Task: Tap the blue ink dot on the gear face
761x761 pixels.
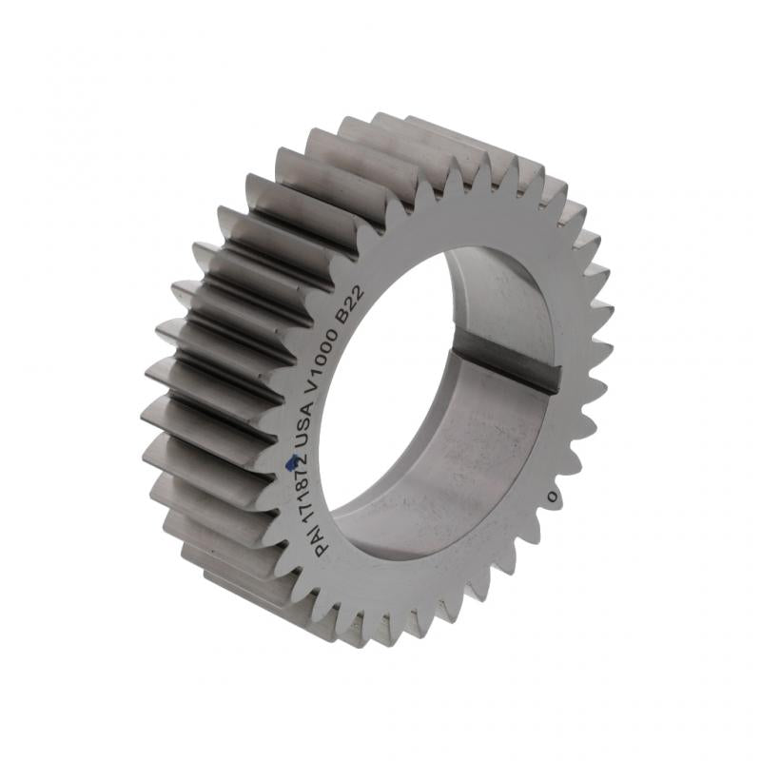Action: pos(292,463)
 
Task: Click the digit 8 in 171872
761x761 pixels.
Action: pos(294,485)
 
